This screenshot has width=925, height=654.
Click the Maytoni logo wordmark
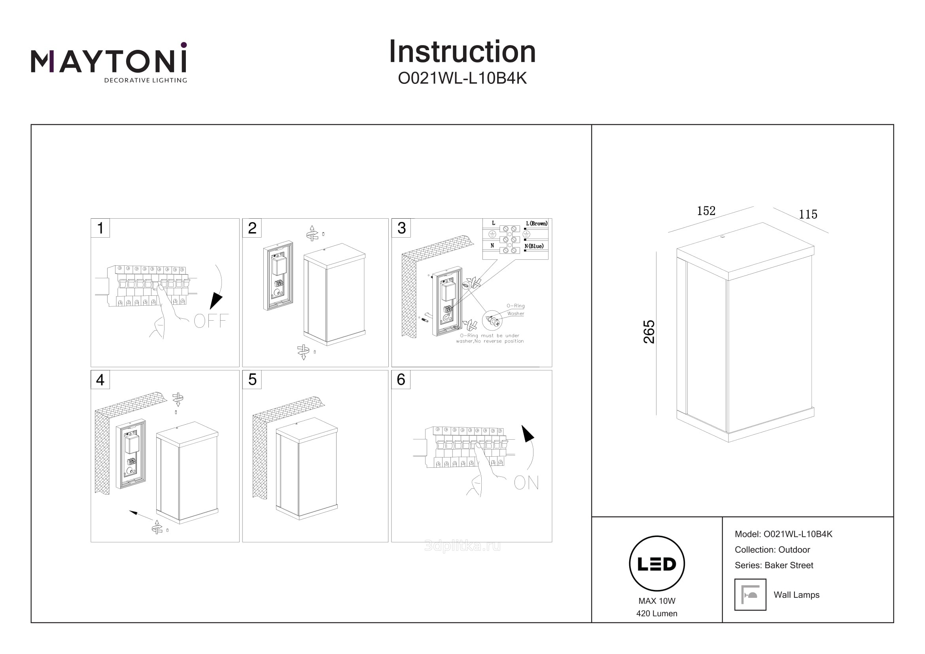109,61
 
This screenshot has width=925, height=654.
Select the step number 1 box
100,228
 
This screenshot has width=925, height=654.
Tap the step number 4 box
100,380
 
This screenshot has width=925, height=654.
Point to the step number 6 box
401,379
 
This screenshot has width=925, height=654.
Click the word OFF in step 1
211,321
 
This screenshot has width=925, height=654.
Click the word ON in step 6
526,482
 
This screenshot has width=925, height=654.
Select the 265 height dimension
649,332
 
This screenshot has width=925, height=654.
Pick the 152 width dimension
706,211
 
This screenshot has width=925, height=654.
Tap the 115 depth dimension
808,215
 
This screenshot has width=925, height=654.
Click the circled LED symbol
657,563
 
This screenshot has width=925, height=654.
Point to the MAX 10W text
657,601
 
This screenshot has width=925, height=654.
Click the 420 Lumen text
657,613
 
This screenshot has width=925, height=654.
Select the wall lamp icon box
750,595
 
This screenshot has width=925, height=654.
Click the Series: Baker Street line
774,565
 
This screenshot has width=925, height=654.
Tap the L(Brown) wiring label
537,223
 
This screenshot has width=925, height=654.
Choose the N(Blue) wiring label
534,246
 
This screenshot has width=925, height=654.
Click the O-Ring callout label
516,306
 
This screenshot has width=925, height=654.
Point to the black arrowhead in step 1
216,301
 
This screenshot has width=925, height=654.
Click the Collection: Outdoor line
772,550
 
